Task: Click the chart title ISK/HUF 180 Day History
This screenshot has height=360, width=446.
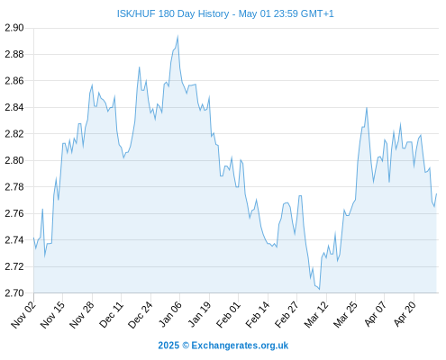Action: click(x=173, y=13)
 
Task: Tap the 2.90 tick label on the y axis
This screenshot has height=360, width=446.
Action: click(x=14, y=28)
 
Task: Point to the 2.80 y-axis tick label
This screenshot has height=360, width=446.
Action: click(x=14, y=160)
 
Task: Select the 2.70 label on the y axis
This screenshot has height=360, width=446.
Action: click(x=14, y=292)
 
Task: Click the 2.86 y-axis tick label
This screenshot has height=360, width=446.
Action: click(x=14, y=81)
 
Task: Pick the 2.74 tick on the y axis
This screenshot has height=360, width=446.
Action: click(x=14, y=240)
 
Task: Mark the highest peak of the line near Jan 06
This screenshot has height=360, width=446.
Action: click(x=177, y=36)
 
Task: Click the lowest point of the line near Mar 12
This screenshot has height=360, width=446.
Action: click(x=319, y=290)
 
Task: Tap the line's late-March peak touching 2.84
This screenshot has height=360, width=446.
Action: click(x=367, y=108)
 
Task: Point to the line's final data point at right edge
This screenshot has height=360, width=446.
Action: click(x=436, y=193)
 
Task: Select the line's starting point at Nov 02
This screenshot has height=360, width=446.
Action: click(x=33, y=238)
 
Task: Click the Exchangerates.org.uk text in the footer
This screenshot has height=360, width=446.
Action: click(x=240, y=346)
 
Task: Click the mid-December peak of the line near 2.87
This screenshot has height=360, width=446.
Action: click(x=140, y=67)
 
